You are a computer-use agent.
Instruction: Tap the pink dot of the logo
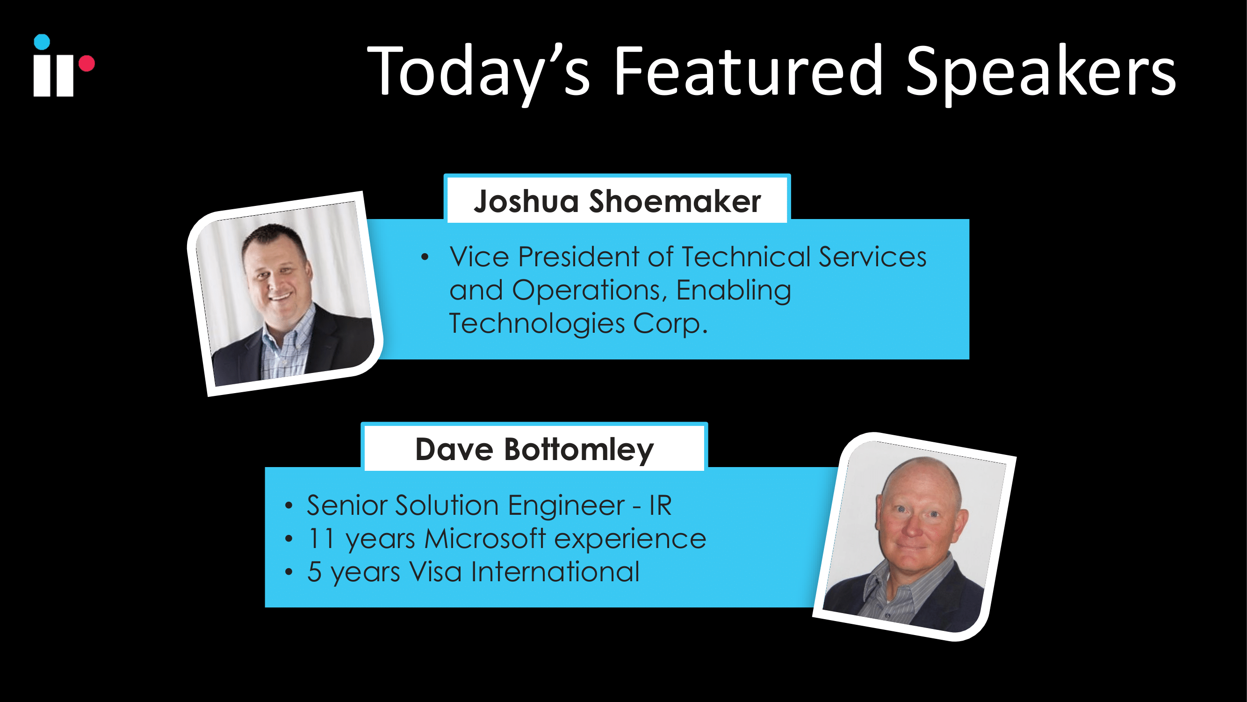pos(86,64)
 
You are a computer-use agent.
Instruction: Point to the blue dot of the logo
pos(42,42)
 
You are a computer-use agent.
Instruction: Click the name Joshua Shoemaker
pos(617,201)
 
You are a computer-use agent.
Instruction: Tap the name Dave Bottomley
pos(534,450)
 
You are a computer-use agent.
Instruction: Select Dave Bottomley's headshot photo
pos(914,536)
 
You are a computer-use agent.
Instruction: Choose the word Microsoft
pos(485,539)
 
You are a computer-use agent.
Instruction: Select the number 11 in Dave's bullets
pos(321,539)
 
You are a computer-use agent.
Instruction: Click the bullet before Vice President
pos(425,257)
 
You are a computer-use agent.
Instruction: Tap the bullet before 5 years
pos(289,572)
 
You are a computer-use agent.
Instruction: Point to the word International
pos(555,572)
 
